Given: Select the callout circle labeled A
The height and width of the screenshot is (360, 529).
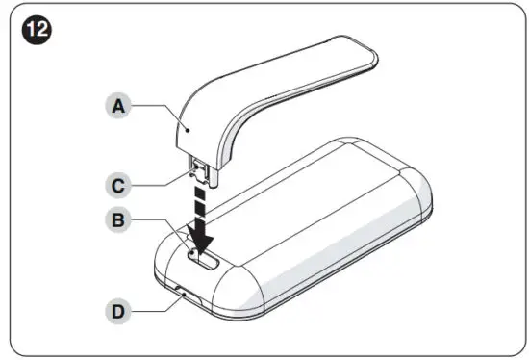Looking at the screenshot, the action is pos(118,108).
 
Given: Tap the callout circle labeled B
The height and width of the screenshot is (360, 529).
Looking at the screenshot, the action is pos(118,219).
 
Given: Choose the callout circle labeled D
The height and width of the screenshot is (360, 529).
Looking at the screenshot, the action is pos(118,311).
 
